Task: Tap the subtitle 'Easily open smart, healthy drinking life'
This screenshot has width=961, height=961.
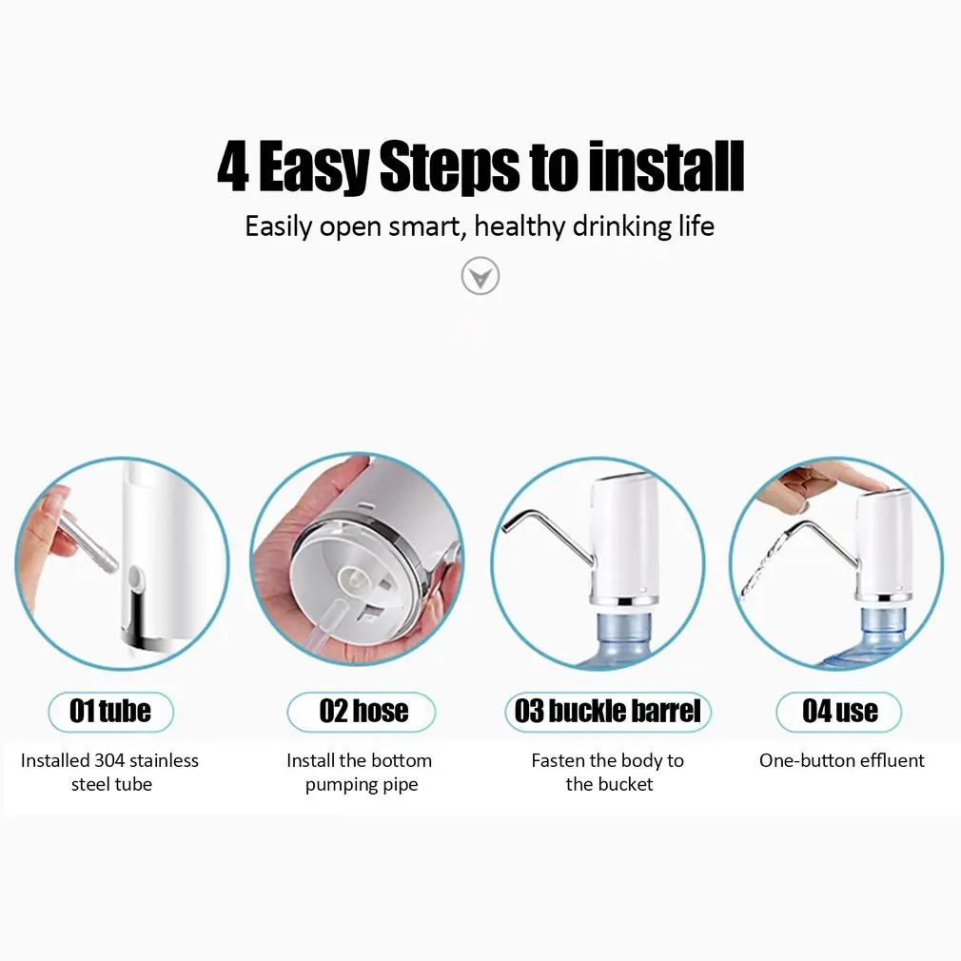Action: pos(480,227)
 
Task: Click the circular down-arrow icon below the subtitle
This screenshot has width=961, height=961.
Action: pos(480,277)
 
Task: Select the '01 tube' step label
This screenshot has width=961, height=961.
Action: pos(110,712)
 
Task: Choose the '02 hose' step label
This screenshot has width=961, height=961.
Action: pos(363,712)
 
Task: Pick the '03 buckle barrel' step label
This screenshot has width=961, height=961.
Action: pos(607,712)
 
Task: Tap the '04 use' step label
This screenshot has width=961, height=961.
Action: pos(839,712)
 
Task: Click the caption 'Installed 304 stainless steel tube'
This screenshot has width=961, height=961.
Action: pos(110,772)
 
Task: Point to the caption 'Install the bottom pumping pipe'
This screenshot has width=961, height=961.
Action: pos(361,772)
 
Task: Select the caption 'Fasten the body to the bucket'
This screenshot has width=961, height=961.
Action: pos(608,772)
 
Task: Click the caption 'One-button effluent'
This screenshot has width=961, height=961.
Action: pos(841,760)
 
